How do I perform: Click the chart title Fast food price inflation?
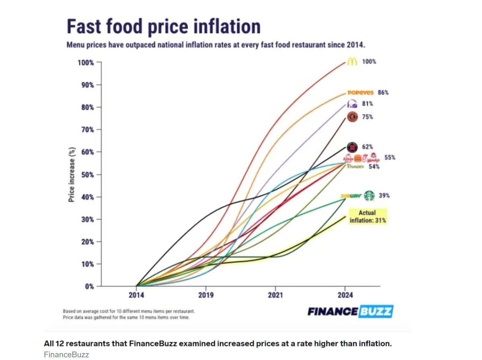tap(163, 26)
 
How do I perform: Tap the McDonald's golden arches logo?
tap(352, 62)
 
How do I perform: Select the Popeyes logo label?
tap(360, 93)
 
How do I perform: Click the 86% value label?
tap(383, 93)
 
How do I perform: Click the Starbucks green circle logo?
tap(369, 196)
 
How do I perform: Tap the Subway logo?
tap(351, 196)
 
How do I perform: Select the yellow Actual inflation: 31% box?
tap(367, 216)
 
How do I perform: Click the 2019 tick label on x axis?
tap(206, 295)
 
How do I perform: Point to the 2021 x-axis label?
tap(276, 295)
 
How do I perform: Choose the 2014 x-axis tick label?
tap(137, 295)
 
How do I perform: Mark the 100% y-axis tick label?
tap(86, 63)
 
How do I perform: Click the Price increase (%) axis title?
tap(71, 175)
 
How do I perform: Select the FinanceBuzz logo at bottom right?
tap(350, 311)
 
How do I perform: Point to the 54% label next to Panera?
tap(374, 166)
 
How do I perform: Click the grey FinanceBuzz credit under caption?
tap(66, 355)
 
